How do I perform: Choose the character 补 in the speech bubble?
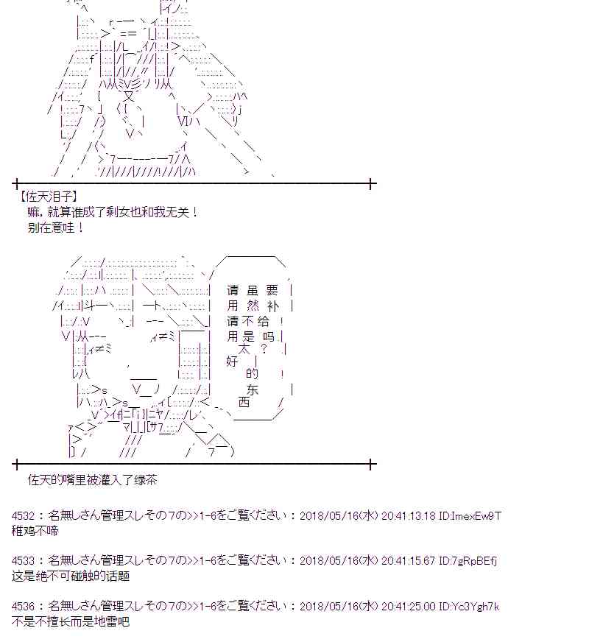click(278, 306)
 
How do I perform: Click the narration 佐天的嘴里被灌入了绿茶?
click(91, 481)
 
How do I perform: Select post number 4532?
click(24, 516)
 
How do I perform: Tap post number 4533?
click(24, 561)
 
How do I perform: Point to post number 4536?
click(24, 606)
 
